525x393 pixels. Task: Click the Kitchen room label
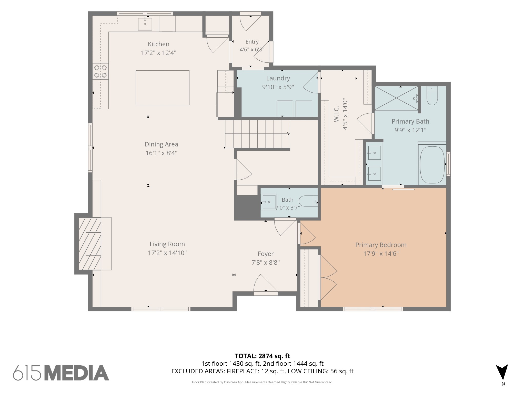tap(158, 44)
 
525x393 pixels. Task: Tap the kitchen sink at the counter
tap(145, 24)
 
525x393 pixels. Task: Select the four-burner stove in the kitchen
tap(100, 71)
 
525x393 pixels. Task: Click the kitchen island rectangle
tap(163, 88)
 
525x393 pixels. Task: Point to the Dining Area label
tap(161, 144)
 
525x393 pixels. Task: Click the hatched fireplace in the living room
tap(90, 244)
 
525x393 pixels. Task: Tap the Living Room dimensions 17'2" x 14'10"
tap(167, 253)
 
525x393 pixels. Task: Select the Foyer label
tap(266, 254)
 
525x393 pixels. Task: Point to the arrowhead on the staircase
tap(288, 134)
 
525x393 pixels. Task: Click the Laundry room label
tap(278, 78)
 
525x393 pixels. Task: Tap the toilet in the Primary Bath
tap(432, 96)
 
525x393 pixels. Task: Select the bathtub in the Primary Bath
tap(432, 165)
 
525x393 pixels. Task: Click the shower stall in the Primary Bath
tap(397, 98)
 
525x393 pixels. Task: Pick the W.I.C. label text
tap(337, 114)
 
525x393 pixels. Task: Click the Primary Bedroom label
tap(381, 245)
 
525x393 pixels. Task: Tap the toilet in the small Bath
tap(308, 201)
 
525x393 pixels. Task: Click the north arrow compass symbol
tap(502, 372)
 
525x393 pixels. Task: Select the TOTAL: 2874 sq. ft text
tap(262, 356)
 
